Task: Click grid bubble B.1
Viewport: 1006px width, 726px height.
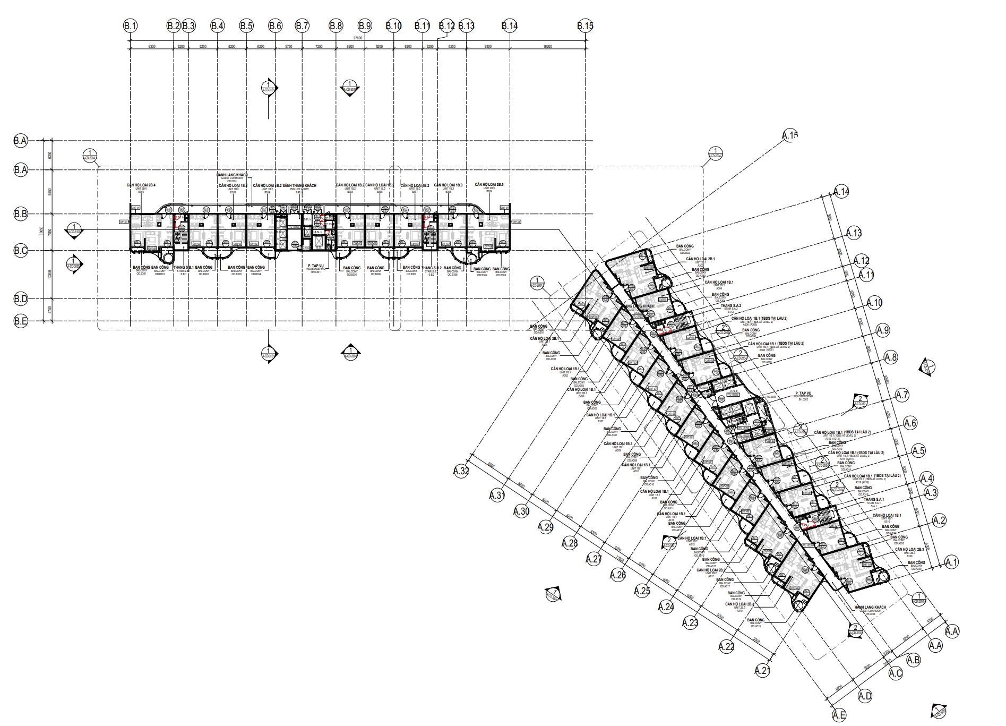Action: [x=130, y=25]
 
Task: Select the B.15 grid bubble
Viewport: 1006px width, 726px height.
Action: [x=585, y=25]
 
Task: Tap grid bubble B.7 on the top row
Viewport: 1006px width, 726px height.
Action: [x=302, y=25]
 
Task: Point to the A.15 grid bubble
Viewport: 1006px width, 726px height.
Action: [x=790, y=135]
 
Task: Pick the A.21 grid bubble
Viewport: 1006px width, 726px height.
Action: [x=762, y=671]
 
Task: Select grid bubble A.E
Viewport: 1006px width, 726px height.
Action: [x=839, y=715]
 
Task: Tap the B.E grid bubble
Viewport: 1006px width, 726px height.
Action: [x=21, y=321]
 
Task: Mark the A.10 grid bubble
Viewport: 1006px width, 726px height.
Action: [x=874, y=303]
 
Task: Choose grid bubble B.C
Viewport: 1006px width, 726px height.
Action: [x=21, y=251]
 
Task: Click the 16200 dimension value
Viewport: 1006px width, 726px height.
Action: [x=547, y=47]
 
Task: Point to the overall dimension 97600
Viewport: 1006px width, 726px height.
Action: [x=357, y=38]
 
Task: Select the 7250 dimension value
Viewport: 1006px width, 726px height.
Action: [x=319, y=47]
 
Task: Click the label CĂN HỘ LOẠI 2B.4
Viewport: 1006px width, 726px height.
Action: [x=141, y=185]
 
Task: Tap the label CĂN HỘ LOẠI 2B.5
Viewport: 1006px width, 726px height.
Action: [x=489, y=185]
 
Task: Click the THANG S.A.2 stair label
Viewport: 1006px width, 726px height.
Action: [x=731, y=306]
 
